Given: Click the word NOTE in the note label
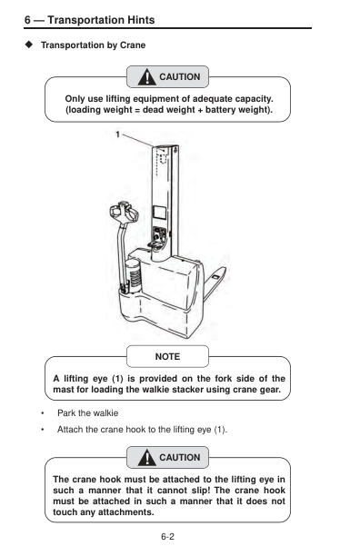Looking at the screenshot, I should point(167,356).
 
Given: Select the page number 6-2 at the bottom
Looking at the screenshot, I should point(167,538).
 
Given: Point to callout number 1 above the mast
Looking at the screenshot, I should point(117,134).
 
